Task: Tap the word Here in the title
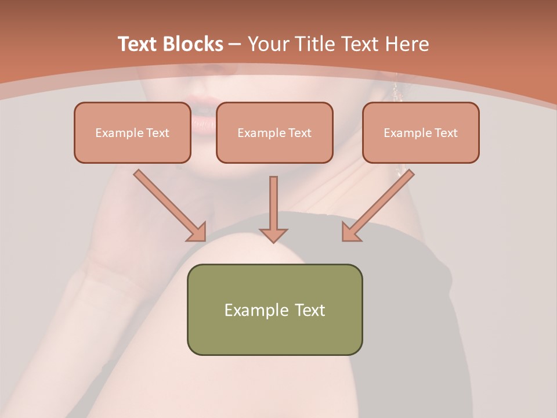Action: pyautogui.click(x=407, y=44)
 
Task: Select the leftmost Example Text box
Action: pyautogui.click(x=132, y=133)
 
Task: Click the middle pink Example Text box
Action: pyautogui.click(x=274, y=133)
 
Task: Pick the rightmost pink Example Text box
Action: pyautogui.click(x=421, y=133)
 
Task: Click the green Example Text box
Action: pyautogui.click(x=274, y=310)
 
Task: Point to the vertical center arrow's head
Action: pyautogui.click(x=273, y=235)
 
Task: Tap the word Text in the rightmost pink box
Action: pyautogui.click(x=446, y=133)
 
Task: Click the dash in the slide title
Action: pyautogui.click(x=235, y=44)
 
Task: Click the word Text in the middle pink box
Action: pyautogui.click(x=299, y=133)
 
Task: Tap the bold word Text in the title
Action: pyautogui.click(x=138, y=44)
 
